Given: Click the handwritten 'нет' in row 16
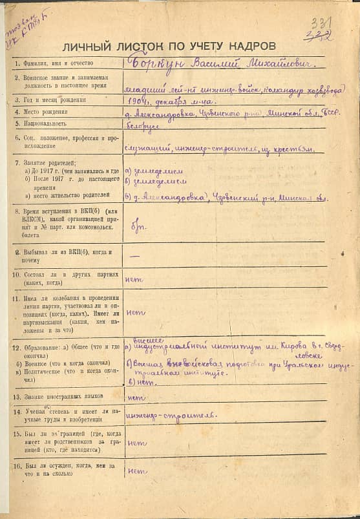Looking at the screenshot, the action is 137,471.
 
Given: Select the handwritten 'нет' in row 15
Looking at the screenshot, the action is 136,443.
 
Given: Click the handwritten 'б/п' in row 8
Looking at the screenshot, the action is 136,228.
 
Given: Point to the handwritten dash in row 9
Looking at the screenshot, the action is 136,256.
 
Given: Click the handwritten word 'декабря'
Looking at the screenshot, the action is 169,101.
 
